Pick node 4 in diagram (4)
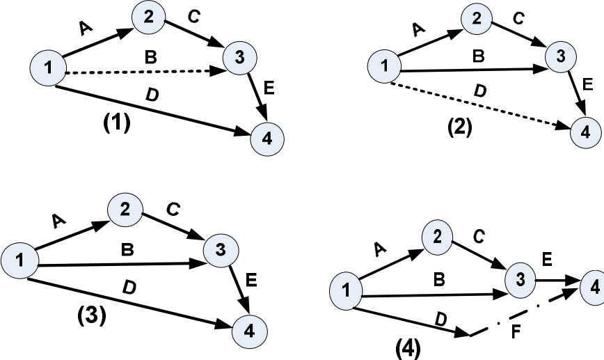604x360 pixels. tap(592, 286)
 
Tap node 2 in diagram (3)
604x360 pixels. tap(125, 208)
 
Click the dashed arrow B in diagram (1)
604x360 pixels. tap(139, 72)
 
